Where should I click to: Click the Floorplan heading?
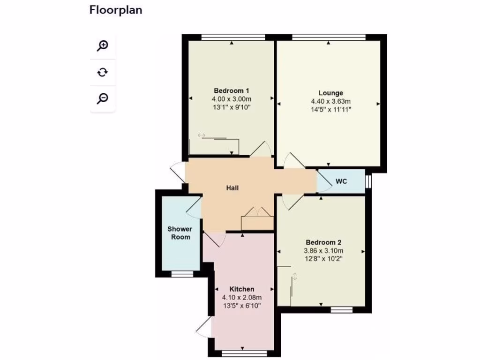115,10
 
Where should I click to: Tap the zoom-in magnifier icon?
103,46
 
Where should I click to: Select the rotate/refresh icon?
103,72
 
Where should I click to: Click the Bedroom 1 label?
232,90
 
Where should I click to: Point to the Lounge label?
330,93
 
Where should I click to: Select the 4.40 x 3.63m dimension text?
330,101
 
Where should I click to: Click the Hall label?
232,188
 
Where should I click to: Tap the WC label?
341,181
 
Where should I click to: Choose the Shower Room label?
180,233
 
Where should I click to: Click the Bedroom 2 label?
323,242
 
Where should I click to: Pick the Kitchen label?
242,289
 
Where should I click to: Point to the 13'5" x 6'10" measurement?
242,306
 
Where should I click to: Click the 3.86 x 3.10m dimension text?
323,250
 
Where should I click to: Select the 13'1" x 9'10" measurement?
232,107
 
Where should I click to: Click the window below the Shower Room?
181,274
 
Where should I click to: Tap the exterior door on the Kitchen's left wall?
204,325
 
